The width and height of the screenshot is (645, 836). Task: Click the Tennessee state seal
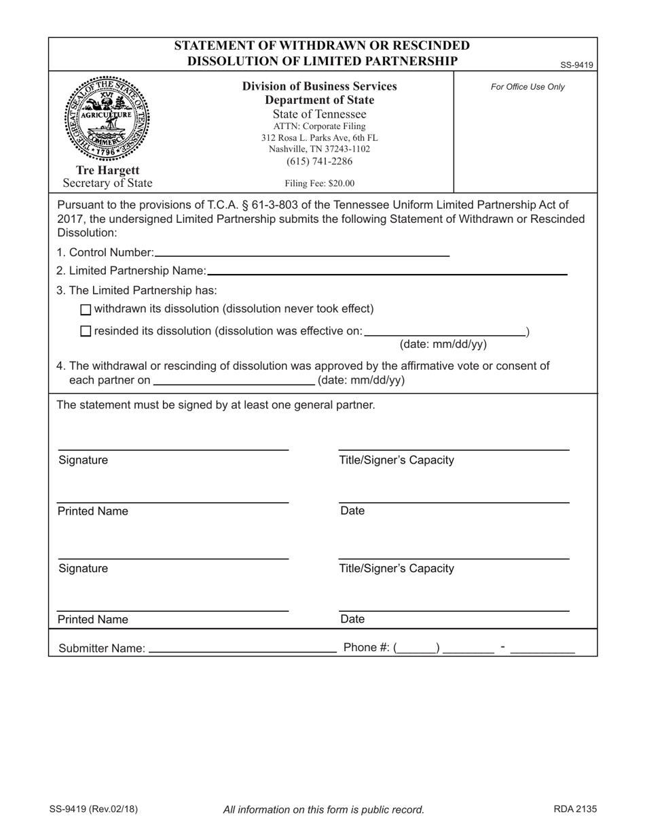pyautogui.click(x=107, y=119)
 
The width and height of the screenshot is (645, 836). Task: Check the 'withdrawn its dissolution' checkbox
pyautogui.click(x=85, y=310)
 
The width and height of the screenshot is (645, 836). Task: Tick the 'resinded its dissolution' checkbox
pyautogui.click(x=85, y=332)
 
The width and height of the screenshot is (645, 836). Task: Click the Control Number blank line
pyautogui.click(x=301, y=253)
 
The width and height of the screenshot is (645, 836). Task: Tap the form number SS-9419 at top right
pyautogui.click(x=576, y=65)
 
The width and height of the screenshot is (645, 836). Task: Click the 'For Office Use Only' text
pyautogui.click(x=528, y=87)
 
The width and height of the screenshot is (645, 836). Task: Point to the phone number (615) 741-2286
pyautogui.click(x=319, y=161)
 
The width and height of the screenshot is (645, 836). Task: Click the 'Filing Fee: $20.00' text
pyautogui.click(x=319, y=183)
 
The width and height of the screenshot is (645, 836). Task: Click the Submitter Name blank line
pyautogui.click(x=242, y=648)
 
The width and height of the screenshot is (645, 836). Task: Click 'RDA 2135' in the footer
pyautogui.click(x=575, y=809)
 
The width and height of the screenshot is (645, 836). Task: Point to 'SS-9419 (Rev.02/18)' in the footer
pyautogui.click(x=93, y=809)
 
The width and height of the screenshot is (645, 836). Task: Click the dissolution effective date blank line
pyautogui.click(x=445, y=332)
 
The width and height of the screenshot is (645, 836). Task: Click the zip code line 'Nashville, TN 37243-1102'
pyautogui.click(x=319, y=149)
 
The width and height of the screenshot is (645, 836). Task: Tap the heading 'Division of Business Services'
pyautogui.click(x=319, y=86)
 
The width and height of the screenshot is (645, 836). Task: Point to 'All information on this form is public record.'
pyautogui.click(x=324, y=809)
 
